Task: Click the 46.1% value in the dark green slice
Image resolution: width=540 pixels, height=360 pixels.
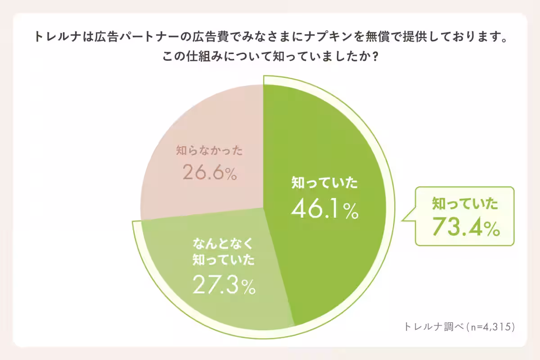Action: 324,209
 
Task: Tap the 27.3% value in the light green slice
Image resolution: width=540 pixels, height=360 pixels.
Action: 224,285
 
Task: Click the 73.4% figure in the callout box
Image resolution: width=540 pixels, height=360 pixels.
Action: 466,227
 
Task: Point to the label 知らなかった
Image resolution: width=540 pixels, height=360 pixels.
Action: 209,151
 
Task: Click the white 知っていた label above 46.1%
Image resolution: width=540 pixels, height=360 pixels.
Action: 324,183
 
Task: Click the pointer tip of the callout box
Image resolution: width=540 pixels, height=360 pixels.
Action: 402,220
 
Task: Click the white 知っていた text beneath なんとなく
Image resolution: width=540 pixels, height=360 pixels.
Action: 223,261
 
